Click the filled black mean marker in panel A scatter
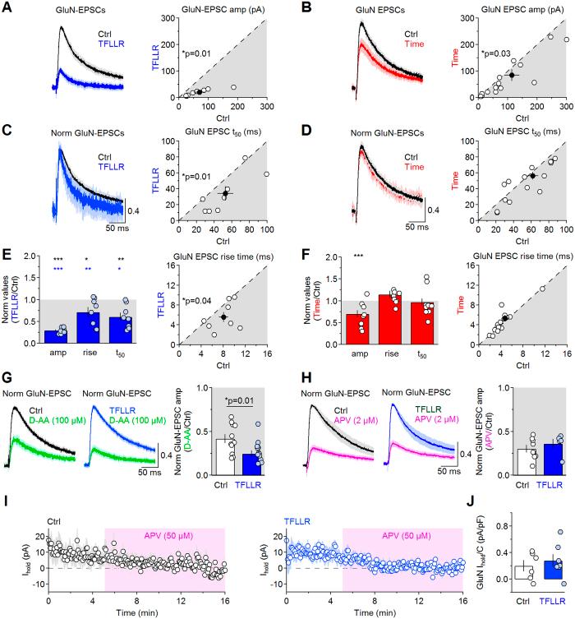(200, 91)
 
